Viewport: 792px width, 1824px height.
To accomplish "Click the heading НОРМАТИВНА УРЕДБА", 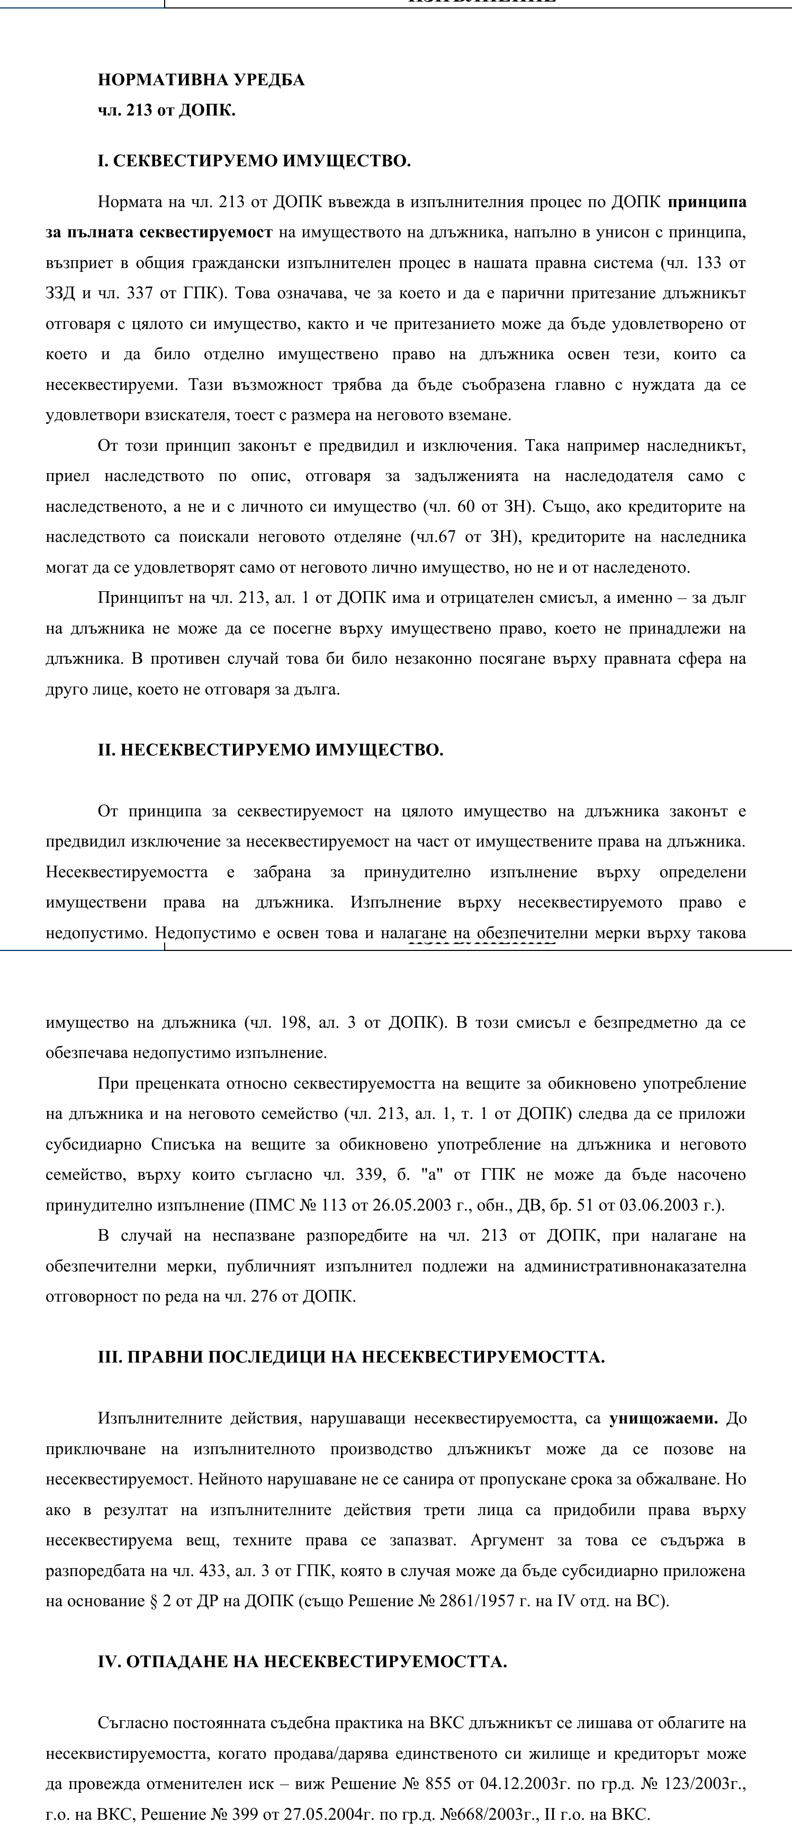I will coord(201,79).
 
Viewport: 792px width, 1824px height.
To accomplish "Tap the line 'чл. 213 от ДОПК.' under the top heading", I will coord(166,111).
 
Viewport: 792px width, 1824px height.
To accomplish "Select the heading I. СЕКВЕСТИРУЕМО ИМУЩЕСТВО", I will coord(254,161).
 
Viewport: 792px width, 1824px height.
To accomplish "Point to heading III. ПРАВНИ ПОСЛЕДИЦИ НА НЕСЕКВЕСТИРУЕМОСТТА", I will coord(351,1357).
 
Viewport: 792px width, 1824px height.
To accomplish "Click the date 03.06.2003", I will coord(658,1205).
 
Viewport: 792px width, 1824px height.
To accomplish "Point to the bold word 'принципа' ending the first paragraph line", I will coord(706,202).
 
